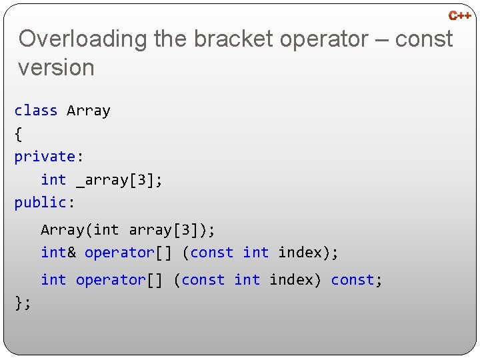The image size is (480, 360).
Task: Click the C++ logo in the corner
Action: (x=459, y=15)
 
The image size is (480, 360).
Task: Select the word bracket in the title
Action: (x=233, y=39)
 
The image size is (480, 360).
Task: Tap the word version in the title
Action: (x=57, y=67)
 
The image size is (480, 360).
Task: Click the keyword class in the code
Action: (x=36, y=111)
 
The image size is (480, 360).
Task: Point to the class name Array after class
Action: (x=89, y=111)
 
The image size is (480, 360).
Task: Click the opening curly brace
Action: (x=18, y=134)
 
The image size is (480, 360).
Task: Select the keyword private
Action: (x=44, y=157)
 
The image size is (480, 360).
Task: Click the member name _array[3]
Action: (x=118, y=180)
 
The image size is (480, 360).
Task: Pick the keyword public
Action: (x=40, y=203)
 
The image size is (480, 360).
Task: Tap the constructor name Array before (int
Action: (x=62, y=230)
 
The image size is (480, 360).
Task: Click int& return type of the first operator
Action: (x=58, y=253)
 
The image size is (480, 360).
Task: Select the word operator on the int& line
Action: (x=119, y=253)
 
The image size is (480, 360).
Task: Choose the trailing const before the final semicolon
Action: (x=353, y=280)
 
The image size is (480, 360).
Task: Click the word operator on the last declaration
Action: (x=111, y=280)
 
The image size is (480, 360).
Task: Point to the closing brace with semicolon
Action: (x=23, y=303)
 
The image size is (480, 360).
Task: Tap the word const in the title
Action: (x=424, y=39)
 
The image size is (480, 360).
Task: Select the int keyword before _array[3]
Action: (x=53, y=180)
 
